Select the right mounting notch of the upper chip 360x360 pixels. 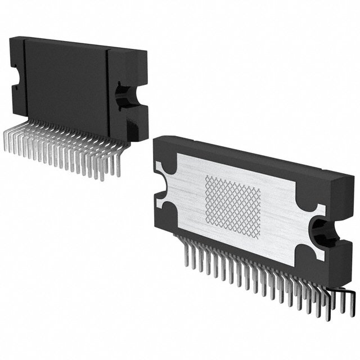coord(124,94)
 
